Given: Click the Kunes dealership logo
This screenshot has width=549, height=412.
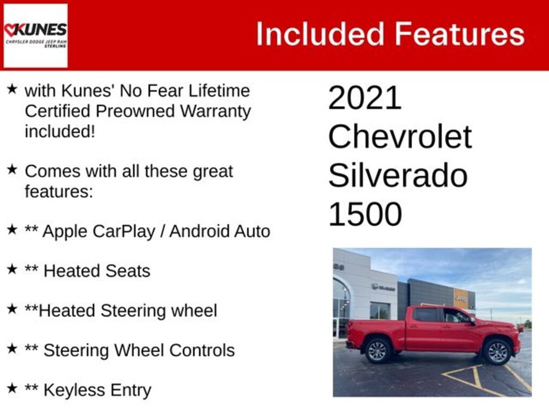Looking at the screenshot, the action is [35, 35].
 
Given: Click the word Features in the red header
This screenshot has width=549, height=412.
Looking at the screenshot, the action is [459, 34].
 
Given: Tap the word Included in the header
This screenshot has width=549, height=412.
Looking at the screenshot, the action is [320, 34].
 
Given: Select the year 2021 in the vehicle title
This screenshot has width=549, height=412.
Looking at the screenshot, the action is [365, 98].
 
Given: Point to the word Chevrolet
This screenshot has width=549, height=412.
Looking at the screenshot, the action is [400, 137].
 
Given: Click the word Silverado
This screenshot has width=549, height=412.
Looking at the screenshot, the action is [398, 175].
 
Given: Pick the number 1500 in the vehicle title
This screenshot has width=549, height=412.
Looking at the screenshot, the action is [365, 214].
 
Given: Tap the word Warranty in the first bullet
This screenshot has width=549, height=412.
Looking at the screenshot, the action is [216, 112].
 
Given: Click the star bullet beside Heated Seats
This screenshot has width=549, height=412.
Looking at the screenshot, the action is [12, 269].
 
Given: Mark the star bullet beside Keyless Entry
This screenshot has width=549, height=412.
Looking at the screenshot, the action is [12, 388].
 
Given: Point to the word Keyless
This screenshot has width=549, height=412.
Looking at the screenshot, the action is [72, 391].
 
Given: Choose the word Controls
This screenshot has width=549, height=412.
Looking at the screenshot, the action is [203, 350].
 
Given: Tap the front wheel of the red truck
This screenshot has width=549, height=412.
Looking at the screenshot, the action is [497, 352].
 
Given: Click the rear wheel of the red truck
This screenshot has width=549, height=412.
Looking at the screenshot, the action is [377, 350].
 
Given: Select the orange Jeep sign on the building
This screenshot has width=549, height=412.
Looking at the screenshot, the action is [461, 298].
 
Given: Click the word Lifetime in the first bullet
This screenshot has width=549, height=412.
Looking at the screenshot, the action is [219, 91].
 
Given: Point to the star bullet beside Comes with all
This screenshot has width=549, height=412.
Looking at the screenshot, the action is [12, 170].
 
